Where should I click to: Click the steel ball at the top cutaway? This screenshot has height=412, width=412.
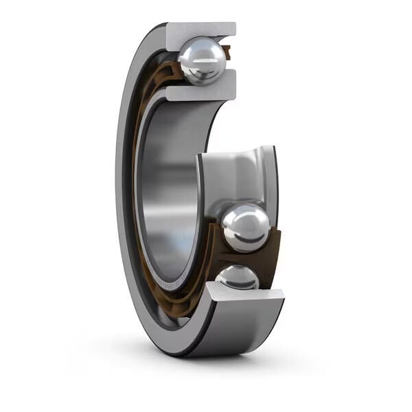click(203, 60)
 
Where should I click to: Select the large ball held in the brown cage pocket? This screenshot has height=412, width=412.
click(245, 227)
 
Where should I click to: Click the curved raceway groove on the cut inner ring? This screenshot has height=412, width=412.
click(237, 172)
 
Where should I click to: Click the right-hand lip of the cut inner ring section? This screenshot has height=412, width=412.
click(271, 179)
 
